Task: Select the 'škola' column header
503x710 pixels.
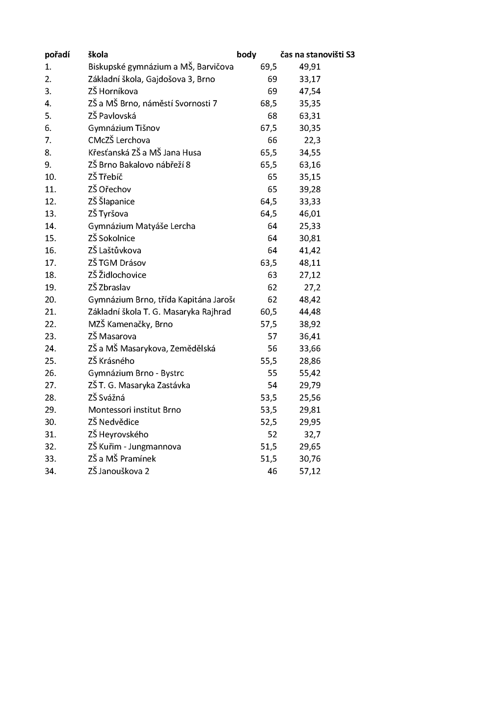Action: pyautogui.click(x=98, y=55)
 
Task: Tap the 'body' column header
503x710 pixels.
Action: pyautogui.click(x=247, y=55)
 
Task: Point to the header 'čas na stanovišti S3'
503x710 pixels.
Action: pyautogui.click(x=317, y=55)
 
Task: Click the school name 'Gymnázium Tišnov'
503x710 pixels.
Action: pyautogui.click(x=124, y=128)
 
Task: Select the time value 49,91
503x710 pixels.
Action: pyautogui.click(x=310, y=67)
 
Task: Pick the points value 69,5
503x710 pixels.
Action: pyautogui.click(x=268, y=67)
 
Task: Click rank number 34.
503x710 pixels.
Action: pyautogui.click(x=51, y=471)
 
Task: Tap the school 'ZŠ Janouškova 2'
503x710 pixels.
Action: pyautogui.click(x=119, y=471)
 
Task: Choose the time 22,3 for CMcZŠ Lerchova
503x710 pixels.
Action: pyautogui.click(x=312, y=141)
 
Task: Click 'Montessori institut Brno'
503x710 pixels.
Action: pyautogui.click(x=135, y=410)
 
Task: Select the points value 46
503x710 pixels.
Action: pyautogui.click(x=272, y=471)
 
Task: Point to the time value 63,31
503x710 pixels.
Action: pyautogui.click(x=310, y=116)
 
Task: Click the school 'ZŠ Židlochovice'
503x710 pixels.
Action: pyautogui.click(x=117, y=275)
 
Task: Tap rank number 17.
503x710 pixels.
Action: pyautogui.click(x=51, y=263)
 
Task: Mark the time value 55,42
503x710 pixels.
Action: pyautogui.click(x=310, y=373)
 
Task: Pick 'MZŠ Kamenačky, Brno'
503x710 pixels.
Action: pyautogui.click(x=131, y=324)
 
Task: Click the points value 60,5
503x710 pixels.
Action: pyautogui.click(x=268, y=312)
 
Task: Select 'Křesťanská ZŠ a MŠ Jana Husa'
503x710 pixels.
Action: pyautogui.click(x=145, y=153)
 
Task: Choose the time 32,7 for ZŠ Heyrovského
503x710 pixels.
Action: pyautogui.click(x=312, y=434)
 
